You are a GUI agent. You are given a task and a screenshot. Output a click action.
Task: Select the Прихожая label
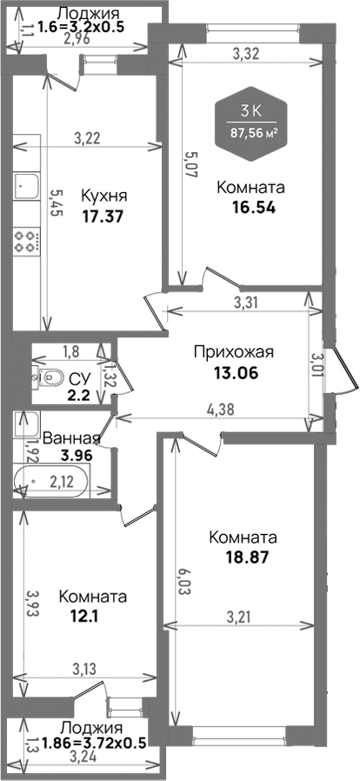(233, 352)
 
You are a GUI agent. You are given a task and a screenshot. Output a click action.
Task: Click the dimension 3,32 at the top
(249, 54)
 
